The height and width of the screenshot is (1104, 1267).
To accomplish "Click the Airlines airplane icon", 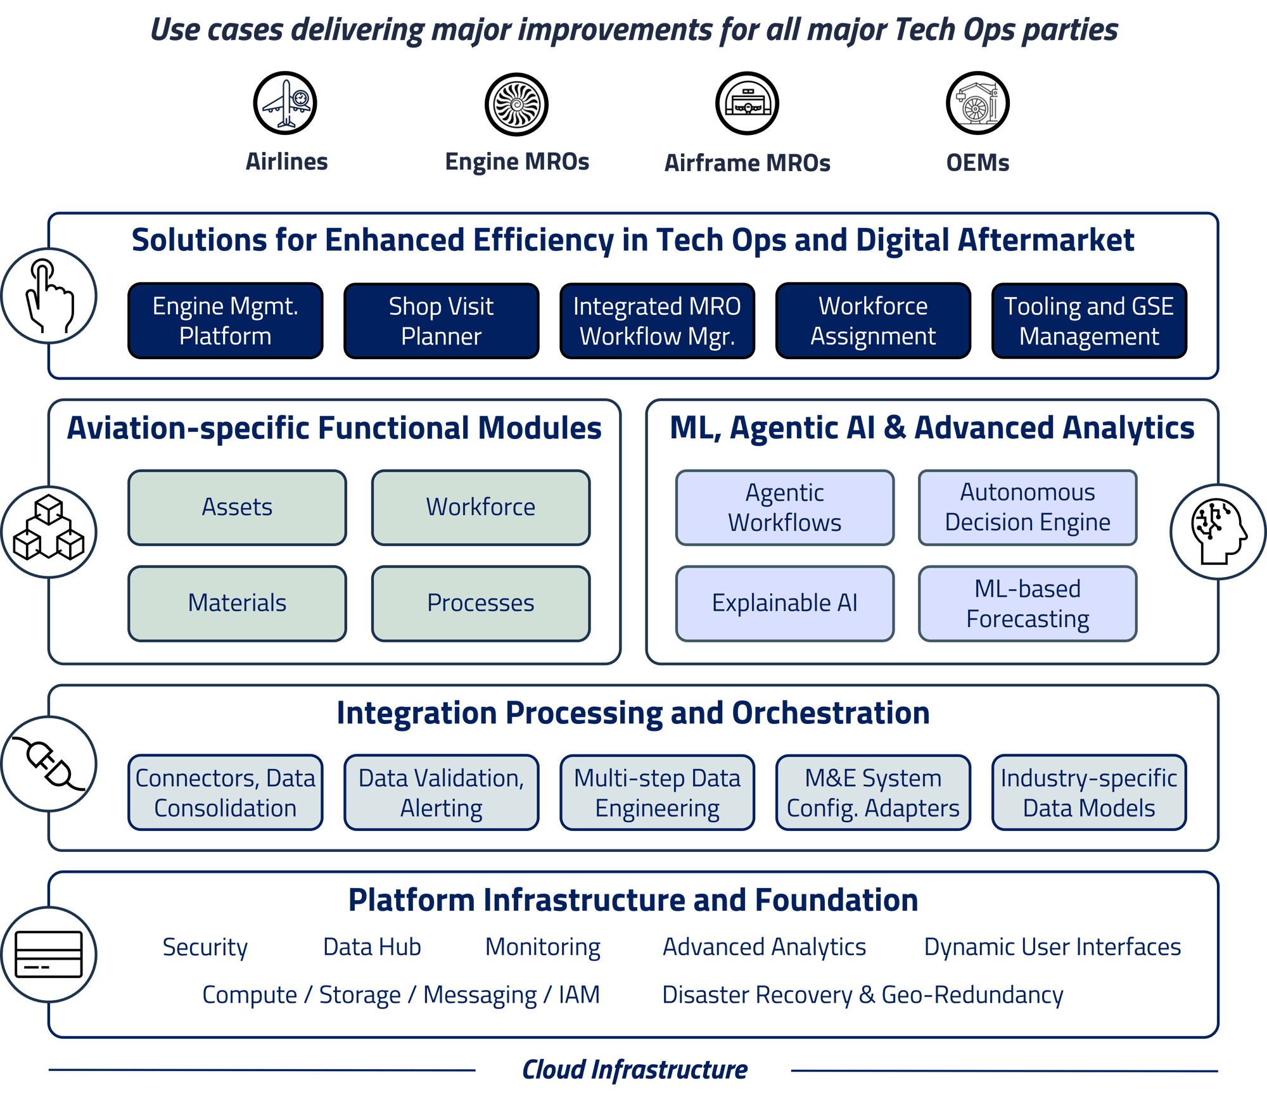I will pos(285,103).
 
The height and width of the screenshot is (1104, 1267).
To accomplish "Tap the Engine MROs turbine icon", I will pos(516,104).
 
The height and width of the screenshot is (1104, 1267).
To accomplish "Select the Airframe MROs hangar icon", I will pos(747,103).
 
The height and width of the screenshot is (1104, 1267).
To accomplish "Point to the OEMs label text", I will pos(977,163).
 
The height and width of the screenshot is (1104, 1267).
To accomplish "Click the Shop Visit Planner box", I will pos(441,321).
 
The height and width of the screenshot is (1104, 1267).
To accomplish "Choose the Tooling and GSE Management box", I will pos(1088,321).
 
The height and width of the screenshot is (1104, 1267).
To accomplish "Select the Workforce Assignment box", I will pos(872,321).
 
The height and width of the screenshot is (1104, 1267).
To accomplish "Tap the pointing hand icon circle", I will pos(49,296).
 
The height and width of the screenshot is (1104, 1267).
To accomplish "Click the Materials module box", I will pos(237,603).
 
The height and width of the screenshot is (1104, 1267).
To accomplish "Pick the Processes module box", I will pos(480,603).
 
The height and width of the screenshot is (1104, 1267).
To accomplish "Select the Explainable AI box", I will pos(784,603).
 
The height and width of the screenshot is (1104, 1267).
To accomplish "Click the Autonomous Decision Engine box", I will pos(1027,507).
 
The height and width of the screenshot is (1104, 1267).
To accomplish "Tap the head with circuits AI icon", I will pos(1217,531).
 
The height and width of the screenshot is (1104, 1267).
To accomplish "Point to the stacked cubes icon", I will pos(49,531).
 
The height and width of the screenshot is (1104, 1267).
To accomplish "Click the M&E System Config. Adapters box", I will pos(872,792).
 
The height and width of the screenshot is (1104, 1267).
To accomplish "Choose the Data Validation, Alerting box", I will pos(441,792).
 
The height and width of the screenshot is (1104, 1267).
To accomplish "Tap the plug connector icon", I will pos(49,763).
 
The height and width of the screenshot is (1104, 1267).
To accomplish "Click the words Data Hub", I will pos(372,947).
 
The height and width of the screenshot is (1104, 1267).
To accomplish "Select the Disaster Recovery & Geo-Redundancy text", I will pos(862,995).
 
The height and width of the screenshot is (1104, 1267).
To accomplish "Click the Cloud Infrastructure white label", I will pos(633,1070).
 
